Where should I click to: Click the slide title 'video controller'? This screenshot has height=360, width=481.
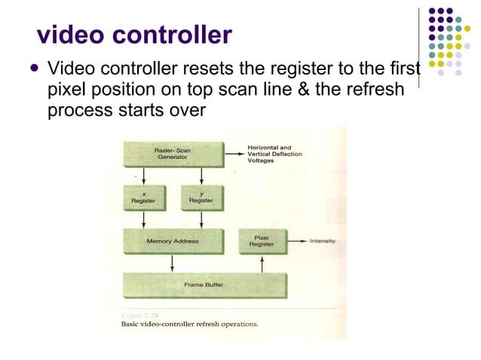(x=134, y=35)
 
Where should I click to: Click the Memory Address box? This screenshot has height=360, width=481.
(x=173, y=241)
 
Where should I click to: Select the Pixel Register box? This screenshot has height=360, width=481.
(x=262, y=241)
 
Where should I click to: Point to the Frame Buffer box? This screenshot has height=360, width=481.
(x=204, y=285)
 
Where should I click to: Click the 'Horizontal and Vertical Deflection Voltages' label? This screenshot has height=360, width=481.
(x=275, y=154)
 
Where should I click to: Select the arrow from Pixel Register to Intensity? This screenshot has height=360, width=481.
(x=294, y=242)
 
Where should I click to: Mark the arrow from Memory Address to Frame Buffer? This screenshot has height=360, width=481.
(x=173, y=264)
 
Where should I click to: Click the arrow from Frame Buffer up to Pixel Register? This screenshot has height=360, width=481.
(x=262, y=264)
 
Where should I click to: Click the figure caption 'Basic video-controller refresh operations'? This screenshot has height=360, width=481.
(x=190, y=325)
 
